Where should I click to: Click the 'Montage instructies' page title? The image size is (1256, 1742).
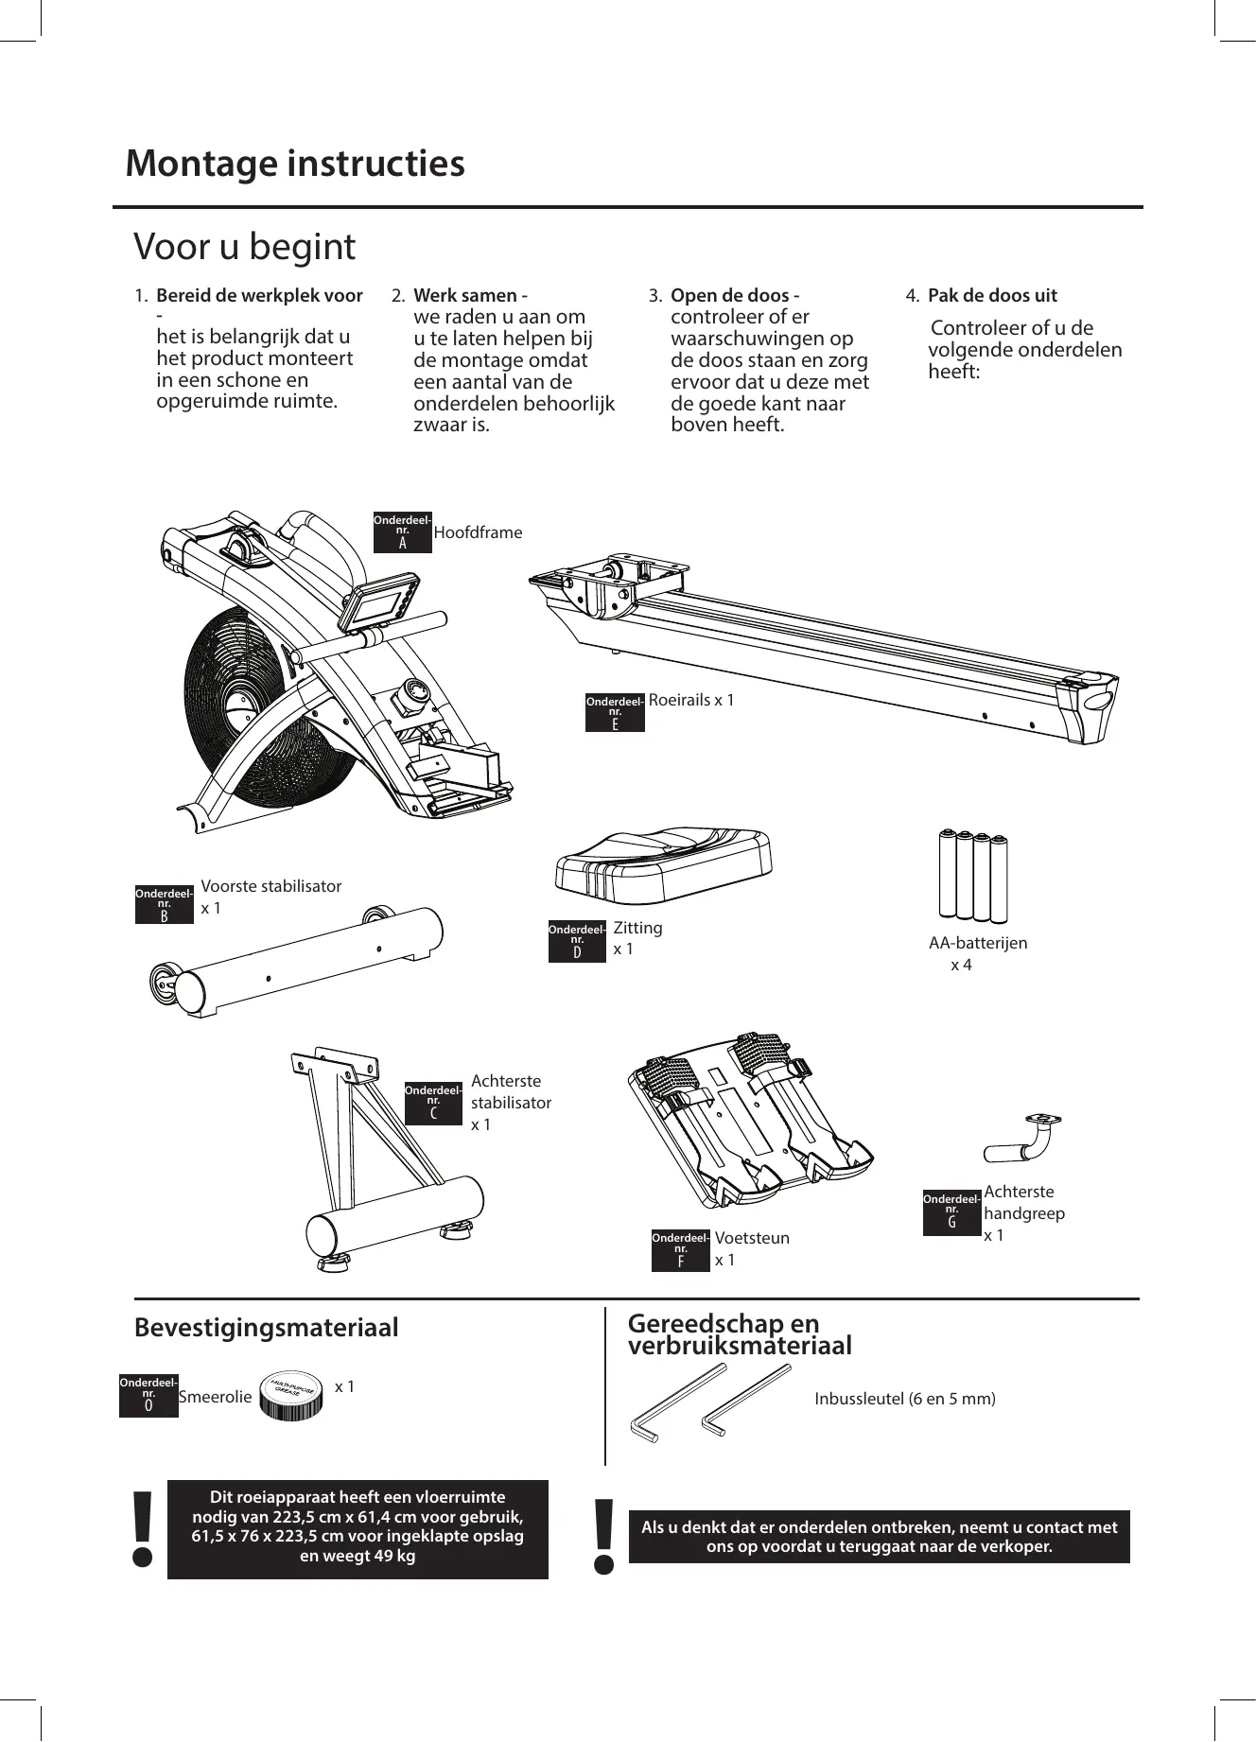coord(295,164)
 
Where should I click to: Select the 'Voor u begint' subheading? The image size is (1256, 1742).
coord(245,248)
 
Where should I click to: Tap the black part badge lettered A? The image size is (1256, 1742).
coord(403,533)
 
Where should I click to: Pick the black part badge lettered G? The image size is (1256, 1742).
coord(951,1213)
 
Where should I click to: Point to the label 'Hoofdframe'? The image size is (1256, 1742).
coord(478,533)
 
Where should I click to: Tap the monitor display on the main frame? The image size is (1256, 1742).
coord(375,605)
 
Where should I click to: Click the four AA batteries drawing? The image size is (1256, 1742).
coord(972,875)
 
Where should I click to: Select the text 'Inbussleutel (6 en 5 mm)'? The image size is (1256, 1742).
coord(905,1399)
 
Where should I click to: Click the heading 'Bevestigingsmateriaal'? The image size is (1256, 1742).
coord(267,1328)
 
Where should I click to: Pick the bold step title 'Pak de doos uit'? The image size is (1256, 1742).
coord(992,296)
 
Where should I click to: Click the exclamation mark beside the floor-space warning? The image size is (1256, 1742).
coord(143,1529)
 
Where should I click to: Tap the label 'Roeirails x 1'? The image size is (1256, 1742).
coord(691,701)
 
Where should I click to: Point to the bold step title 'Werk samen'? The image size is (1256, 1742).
coord(465,296)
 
